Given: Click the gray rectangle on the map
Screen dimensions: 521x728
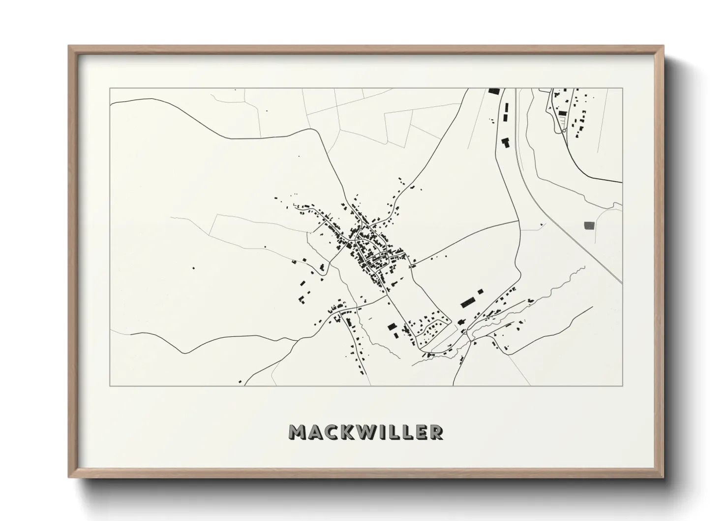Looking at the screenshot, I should point(589,226).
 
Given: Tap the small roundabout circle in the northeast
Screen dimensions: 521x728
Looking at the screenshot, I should point(563,131).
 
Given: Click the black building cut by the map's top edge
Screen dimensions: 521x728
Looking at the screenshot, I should point(493,91).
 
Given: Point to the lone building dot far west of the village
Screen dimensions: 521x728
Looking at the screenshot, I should point(193,268).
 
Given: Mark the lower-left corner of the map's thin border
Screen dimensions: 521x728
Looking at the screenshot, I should point(110,386).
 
